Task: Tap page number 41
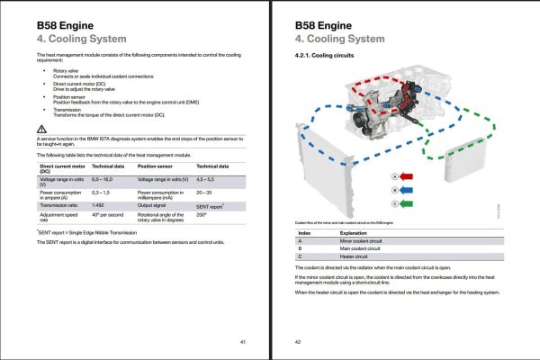[242, 341]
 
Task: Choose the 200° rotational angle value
[202, 216]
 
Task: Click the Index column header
[303, 231]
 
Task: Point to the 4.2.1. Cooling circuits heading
[328, 57]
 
